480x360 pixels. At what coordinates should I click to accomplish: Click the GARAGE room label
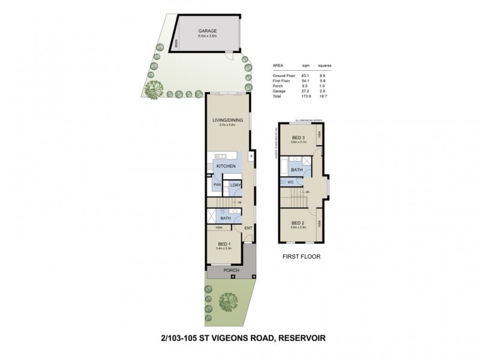(x=208, y=31)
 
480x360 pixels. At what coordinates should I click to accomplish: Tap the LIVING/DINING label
(x=227, y=120)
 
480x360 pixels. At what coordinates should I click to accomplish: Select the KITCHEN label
(x=226, y=166)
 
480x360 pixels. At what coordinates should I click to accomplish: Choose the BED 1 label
(x=223, y=244)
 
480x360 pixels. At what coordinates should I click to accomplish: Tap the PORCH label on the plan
(x=231, y=271)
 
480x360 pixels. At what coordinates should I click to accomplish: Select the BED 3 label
(x=299, y=138)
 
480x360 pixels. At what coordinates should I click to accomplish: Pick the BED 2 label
(x=298, y=222)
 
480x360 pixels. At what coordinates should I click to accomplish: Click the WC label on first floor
(x=290, y=182)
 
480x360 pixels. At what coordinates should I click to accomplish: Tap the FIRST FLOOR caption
(x=301, y=256)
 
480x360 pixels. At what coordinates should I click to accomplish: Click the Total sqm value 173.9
(x=306, y=96)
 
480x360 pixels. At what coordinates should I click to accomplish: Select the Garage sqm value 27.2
(x=306, y=91)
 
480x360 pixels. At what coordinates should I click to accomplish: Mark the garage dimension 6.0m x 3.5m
(x=208, y=37)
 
